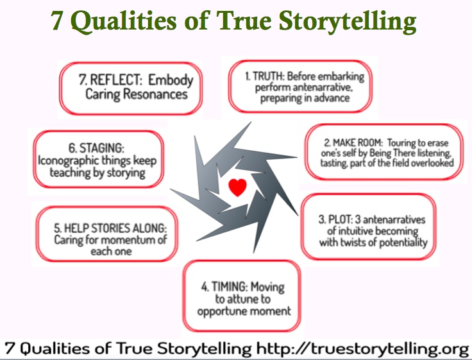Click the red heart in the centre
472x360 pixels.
(x=237, y=187)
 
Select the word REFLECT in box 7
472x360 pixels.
(x=115, y=80)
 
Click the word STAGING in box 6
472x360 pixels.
(x=101, y=148)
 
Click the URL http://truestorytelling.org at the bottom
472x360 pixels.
(x=362, y=349)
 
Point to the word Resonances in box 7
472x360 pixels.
(x=155, y=94)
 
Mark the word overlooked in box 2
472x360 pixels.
(x=432, y=163)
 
